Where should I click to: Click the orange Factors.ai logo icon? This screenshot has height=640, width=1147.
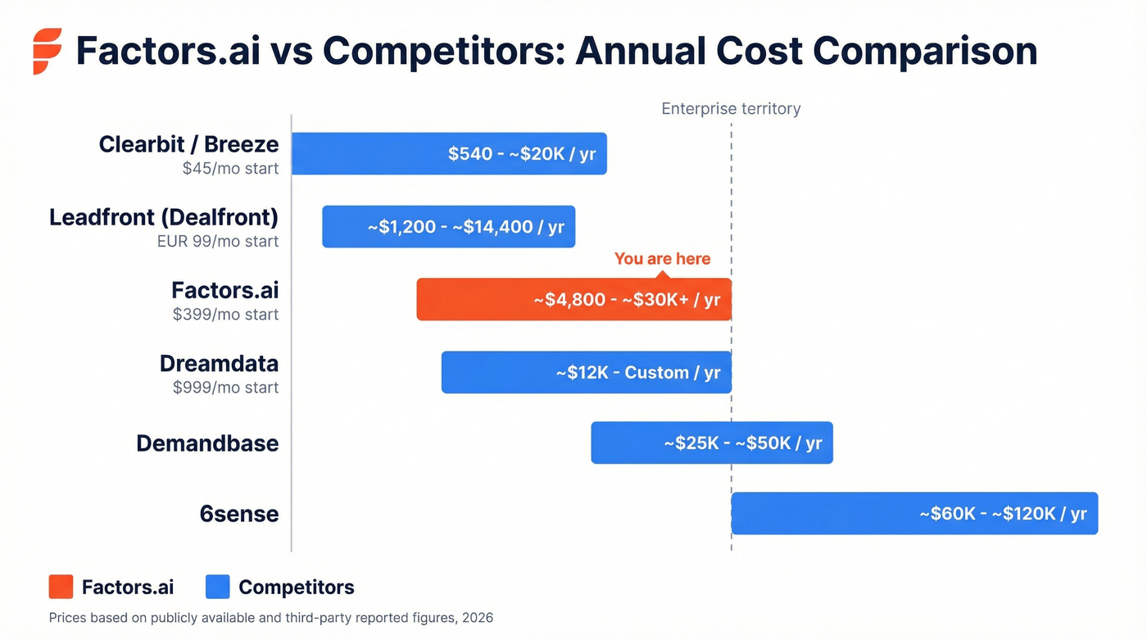(x=47, y=51)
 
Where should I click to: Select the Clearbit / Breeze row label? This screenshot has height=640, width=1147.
(x=188, y=145)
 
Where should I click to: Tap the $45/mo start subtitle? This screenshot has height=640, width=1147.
(x=230, y=169)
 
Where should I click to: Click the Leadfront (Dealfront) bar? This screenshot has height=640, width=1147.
(x=448, y=227)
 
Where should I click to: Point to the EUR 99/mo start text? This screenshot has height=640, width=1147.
(x=218, y=242)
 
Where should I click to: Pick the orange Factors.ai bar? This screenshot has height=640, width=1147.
(x=573, y=300)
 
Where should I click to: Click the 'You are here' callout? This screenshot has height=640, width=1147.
(x=662, y=259)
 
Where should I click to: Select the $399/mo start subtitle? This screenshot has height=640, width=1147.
(x=225, y=315)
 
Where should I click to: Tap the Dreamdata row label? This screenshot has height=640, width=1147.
(x=219, y=364)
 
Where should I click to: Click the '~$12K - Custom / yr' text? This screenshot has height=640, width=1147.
(x=637, y=373)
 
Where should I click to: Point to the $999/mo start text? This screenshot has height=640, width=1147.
(x=225, y=388)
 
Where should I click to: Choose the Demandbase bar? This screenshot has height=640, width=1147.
(x=711, y=443)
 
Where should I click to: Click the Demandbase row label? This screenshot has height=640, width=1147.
(x=207, y=444)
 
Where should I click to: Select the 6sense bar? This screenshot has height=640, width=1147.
(x=914, y=514)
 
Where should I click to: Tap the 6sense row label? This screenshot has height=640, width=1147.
(x=239, y=515)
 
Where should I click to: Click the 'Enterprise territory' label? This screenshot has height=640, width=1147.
(x=731, y=109)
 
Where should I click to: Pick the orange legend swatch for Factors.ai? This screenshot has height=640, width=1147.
(x=61, y=587)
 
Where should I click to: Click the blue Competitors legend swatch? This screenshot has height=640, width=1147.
(x=218, y=587)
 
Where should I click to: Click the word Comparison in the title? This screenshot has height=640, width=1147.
(x=925, y=51)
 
